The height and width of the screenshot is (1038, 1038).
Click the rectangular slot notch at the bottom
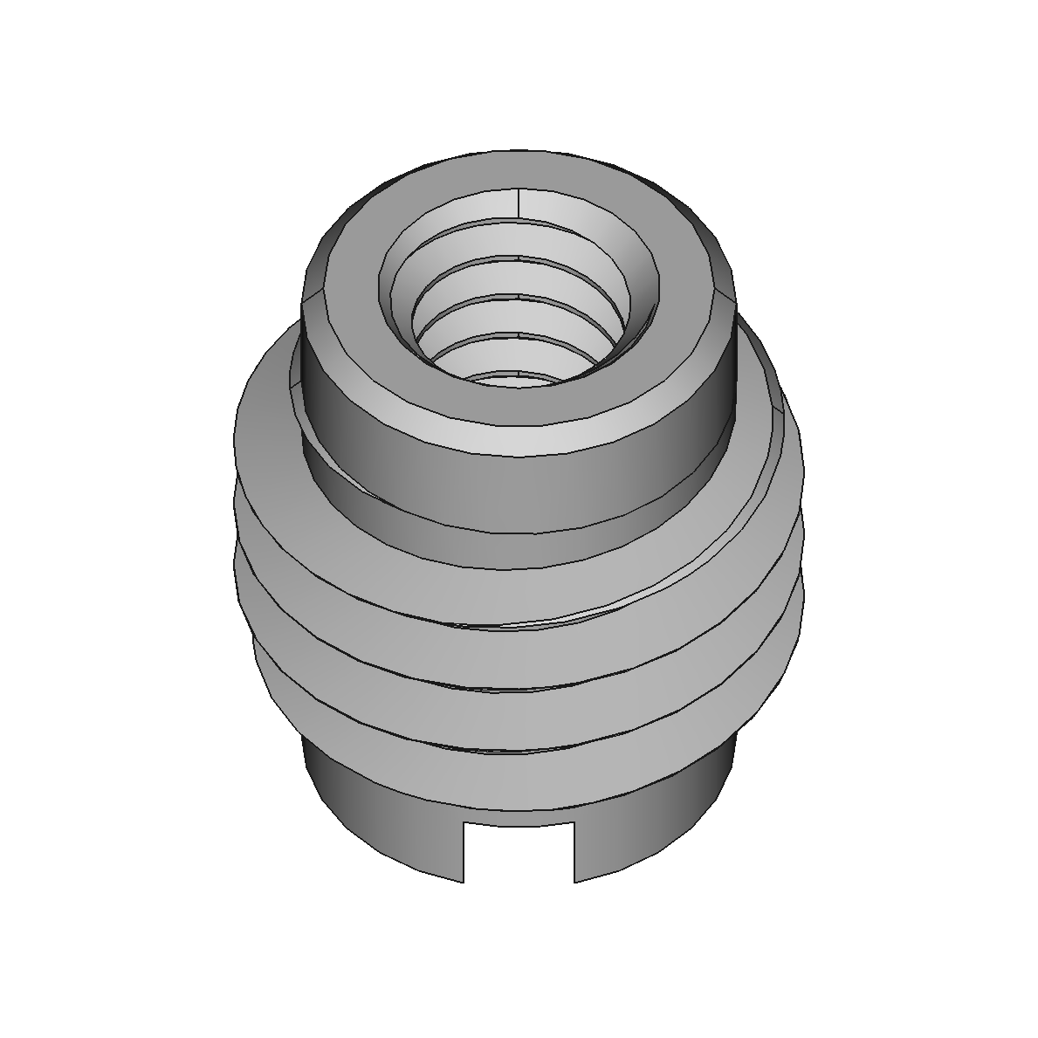tap(518, 851)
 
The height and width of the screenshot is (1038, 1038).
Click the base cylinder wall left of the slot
tap(384, 829)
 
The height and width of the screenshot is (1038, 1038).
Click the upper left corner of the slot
tap(462, 822)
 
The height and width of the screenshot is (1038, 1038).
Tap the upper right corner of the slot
tap(574, 822)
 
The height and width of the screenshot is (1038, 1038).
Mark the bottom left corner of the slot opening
tap(462, 882)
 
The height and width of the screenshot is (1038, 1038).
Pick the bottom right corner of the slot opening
tap(574, 882)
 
